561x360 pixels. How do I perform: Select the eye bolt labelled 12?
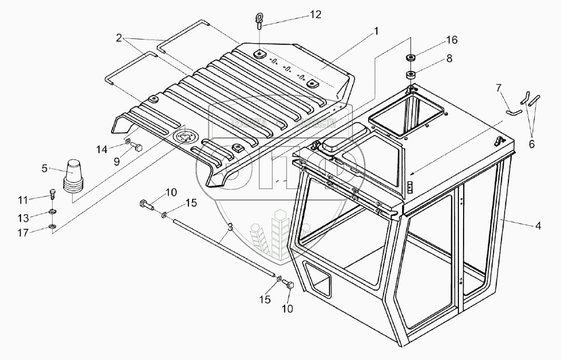[x=260, y=21]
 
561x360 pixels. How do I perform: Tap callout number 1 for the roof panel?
[x=376, y=32]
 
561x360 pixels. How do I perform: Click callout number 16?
[x=452, y=40]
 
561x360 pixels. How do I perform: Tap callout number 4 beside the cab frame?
[x=537, y=227]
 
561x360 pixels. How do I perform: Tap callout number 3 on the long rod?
[x=230, y=227]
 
